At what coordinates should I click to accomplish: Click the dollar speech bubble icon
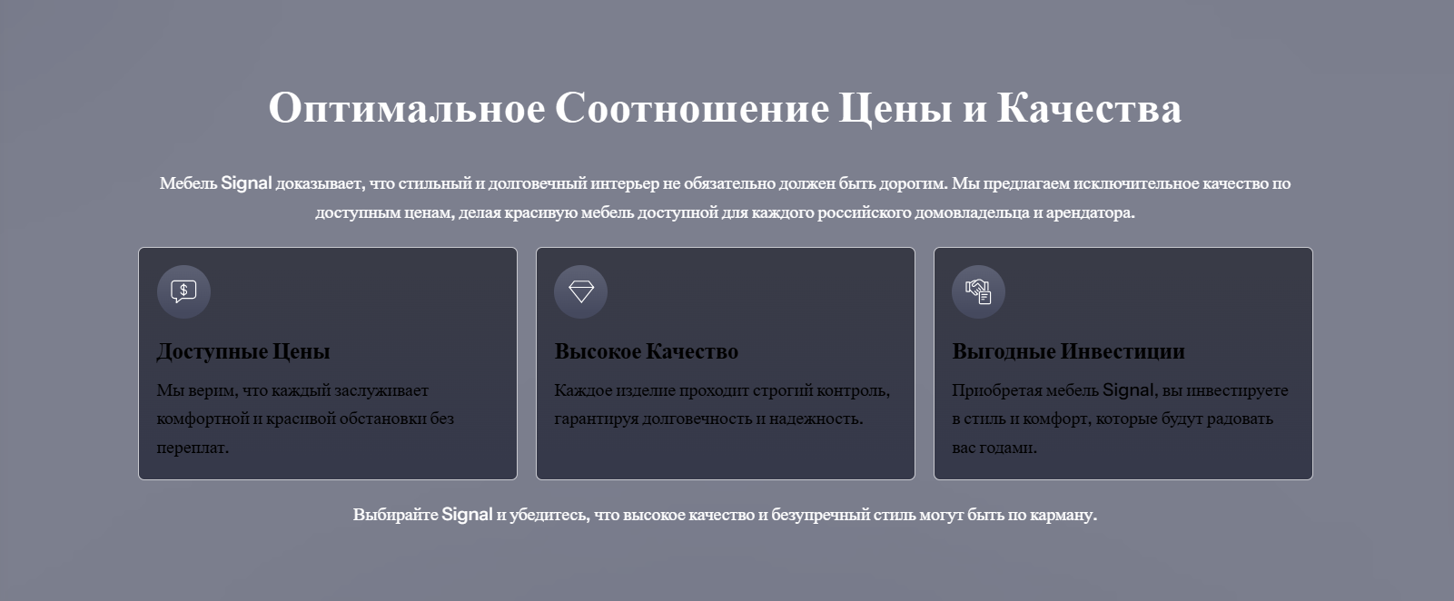coord(183,291)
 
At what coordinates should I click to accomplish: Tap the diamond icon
coord(581,291)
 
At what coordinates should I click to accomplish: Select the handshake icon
coord(978,291)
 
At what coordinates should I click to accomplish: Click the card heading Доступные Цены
coord(243,351)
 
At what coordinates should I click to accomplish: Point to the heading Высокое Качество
coord(646,351)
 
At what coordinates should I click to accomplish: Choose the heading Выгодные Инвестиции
coord(1068,351)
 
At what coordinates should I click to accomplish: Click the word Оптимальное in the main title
coord(407,107)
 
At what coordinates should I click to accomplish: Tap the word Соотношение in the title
coord(692,107)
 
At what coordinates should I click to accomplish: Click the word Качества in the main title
coord(1089,107)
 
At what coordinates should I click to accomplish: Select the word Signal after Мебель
coord(246,183)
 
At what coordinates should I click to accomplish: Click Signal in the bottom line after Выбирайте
coord(467,515)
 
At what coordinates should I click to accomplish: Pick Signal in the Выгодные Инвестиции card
coord(1128,390)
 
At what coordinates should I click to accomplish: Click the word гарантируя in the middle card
coord(596,419)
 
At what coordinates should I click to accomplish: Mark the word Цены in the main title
coord(895,108)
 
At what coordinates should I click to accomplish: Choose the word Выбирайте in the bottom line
coord(395,516)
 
